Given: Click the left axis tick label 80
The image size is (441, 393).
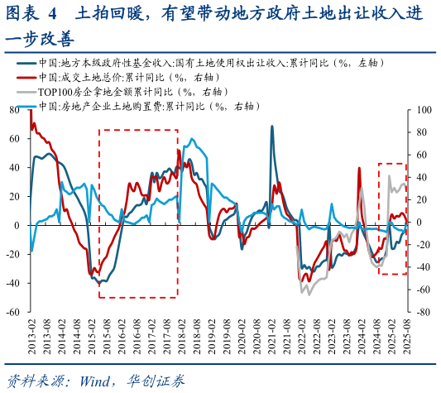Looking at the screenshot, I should [x=13, y=109].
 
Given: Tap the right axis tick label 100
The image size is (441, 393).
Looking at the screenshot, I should [x=424, y=109].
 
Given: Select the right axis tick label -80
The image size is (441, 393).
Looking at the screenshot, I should [x=422, y=313].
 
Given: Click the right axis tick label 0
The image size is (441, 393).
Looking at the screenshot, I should [x=419, y=223].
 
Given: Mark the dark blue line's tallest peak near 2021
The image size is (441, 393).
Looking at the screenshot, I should [x=271, y=126].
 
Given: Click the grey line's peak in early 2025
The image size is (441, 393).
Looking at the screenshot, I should [x=389, y=175].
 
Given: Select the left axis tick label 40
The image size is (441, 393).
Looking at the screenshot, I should [x=13, y=167].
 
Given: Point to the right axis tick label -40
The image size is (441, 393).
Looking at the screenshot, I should [x=422, y=267].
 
